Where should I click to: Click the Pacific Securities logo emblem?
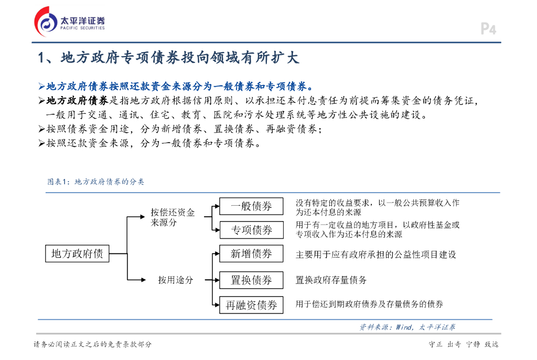pyautogui.click(x=46, y=22)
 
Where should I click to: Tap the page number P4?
pyautogui.click(x=488, y=29)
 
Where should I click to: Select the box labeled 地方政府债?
pyautogui.click(x=77, y=254)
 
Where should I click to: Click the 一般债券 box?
pyautogui.click(x=251, y=206)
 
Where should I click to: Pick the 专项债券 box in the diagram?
pyautogui.click(x=251, y=230)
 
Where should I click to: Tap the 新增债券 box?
pyautogui.click(x=251, y=254)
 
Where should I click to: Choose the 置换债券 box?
pyautogui.click(x=251, y=280)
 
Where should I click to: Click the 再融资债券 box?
pyautogui.click(x=251, y=305)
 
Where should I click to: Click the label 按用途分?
pyautogui.click(x=176, y=280)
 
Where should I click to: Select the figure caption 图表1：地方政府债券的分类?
pyautogui.click(x=95, y=182)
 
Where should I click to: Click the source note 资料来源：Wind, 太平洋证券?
pyautogui.click(x=407, y=327)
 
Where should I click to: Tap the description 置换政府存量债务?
pyautogui.click(x=331, y=280)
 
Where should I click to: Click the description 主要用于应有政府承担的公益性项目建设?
pyautogui.click(x=375, y=255)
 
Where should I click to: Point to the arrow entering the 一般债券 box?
pyautogui.click(x=215, y=206)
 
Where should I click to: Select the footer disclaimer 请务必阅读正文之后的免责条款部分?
pyautogui.click(x=92, y=344)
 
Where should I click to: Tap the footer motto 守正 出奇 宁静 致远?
pyautogui.click(x=463, y=344)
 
